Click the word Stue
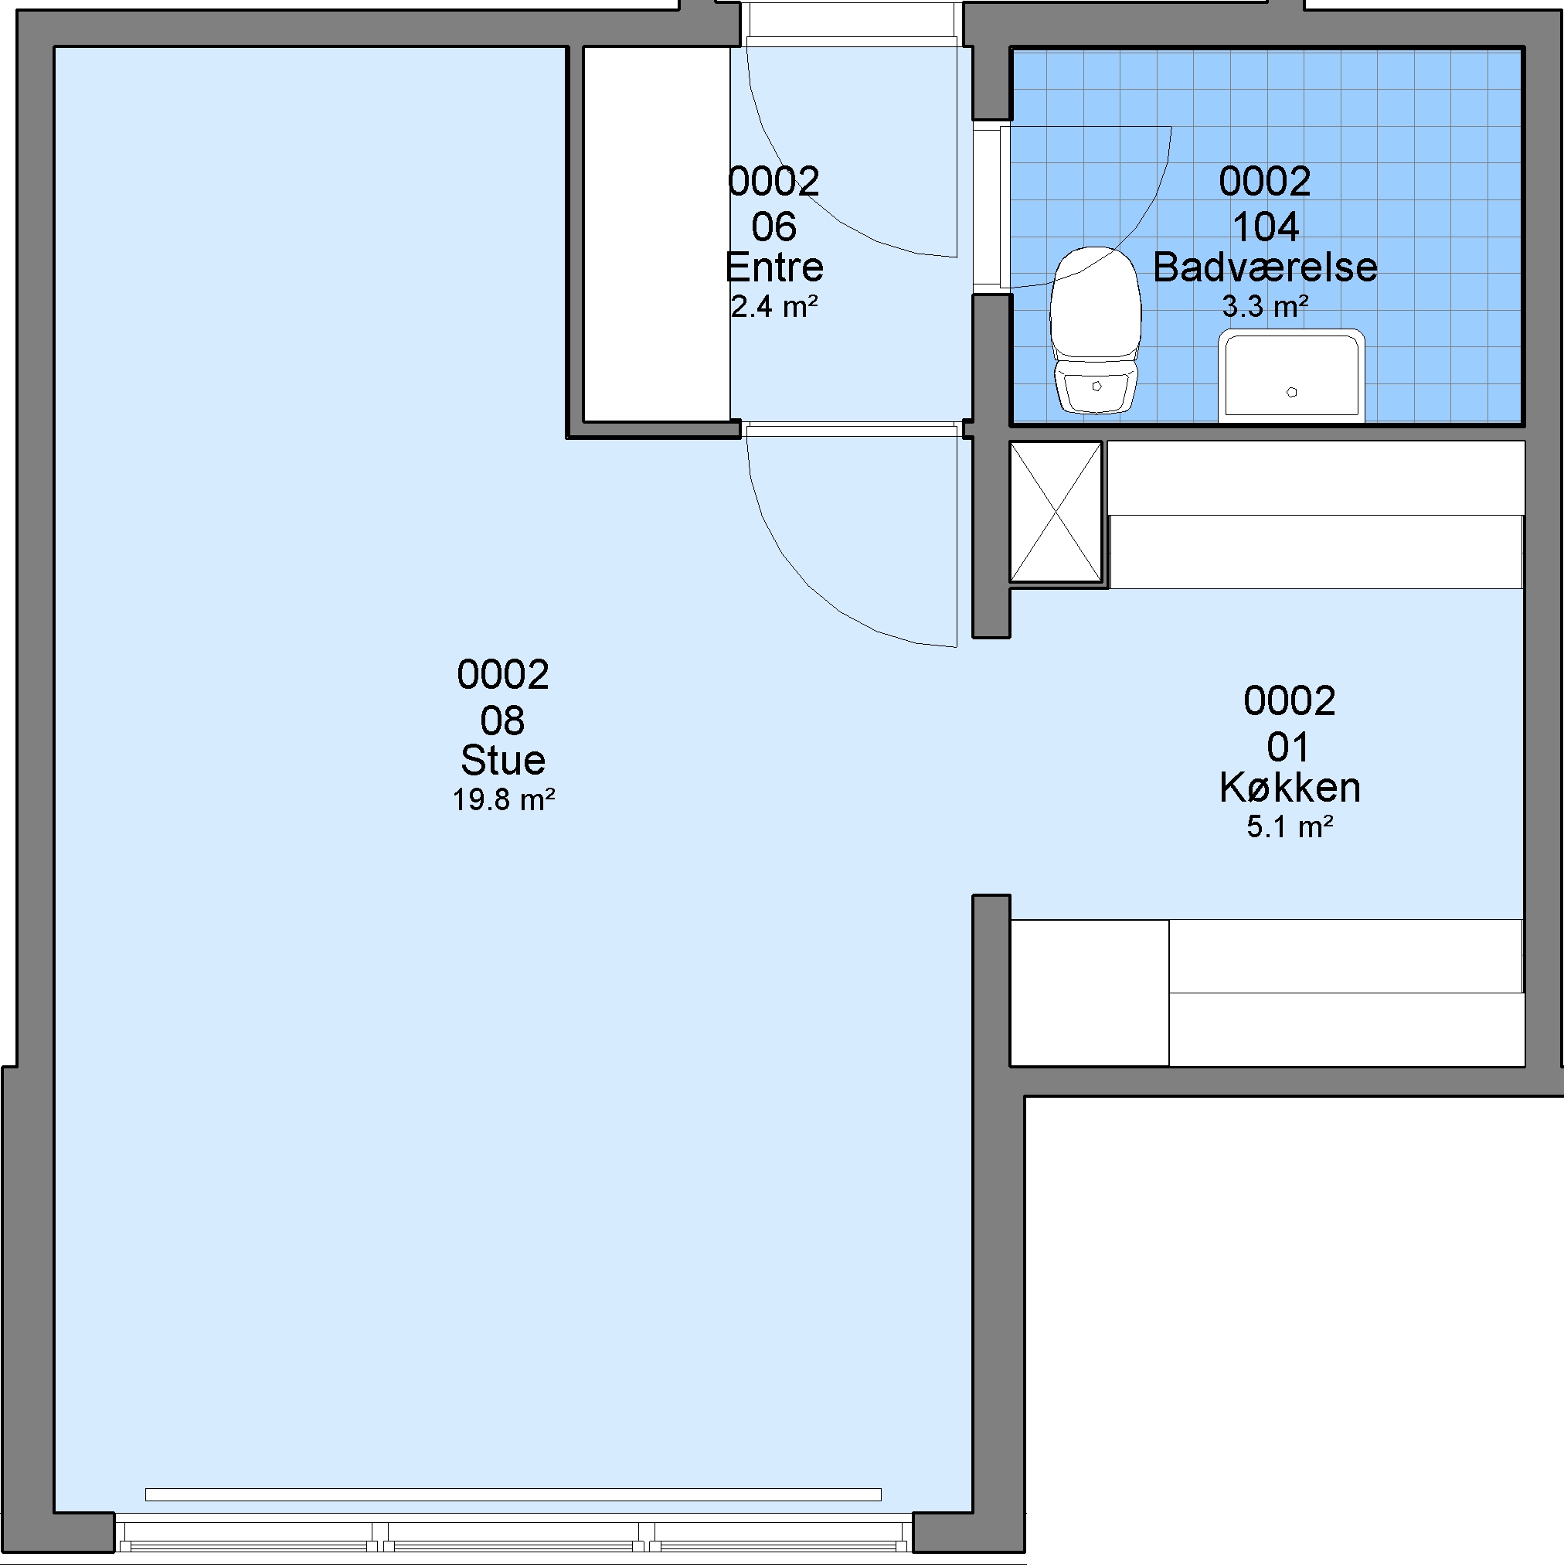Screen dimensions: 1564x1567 (x=503, y=761)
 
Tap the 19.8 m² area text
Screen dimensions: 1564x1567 (x=504, y=801)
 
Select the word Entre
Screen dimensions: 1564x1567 (x=774, y=267)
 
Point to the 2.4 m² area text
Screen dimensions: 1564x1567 (x=774, y=307)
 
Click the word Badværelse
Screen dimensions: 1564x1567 (x=1265, y=267)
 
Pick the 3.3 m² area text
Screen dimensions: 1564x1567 (x=1265, y=307)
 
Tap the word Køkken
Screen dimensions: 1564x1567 (x=1290, y=788)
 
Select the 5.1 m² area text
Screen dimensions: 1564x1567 (x=1290, y=826)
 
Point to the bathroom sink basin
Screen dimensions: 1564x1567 (x=1290, y=376)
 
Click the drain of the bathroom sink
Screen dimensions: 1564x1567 (x=1291, y=393)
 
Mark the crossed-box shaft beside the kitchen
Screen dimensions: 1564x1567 (x=1056, y=512)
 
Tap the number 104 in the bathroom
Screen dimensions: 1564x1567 (x=1265, y=227)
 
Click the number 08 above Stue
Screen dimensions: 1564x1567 (x=503, y=720)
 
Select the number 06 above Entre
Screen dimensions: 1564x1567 (x=774, y=227)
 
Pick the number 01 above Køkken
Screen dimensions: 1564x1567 (x=1288, y=747)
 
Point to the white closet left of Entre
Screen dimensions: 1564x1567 (x=657, y=234)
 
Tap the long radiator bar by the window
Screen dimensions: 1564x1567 (x=513, y=1495)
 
